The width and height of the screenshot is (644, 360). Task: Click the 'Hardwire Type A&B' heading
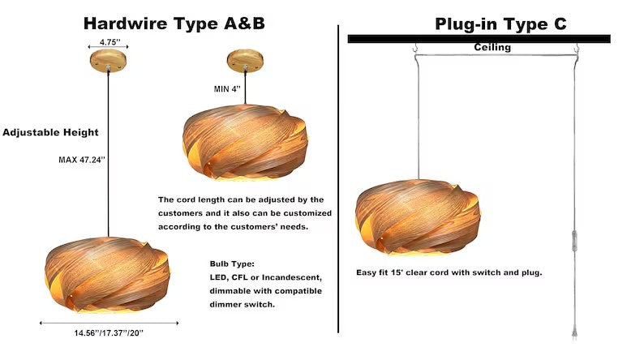pos(174,24)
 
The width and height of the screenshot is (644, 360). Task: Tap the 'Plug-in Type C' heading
pos(500,24)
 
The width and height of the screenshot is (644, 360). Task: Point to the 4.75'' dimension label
pos(109,42)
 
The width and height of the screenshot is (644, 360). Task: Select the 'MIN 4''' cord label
pos(227,88)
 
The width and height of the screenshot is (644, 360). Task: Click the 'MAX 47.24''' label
pos(82,160)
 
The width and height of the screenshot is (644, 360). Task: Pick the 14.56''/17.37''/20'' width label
pos(109,333)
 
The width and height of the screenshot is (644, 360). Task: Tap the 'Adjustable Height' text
pos(50,132)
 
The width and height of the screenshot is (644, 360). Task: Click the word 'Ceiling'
pos(492,47)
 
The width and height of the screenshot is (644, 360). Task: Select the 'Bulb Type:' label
pos(232,264)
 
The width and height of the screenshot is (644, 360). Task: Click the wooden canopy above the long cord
pos(109,60)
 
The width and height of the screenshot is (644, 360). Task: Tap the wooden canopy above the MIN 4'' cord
pos(245,60)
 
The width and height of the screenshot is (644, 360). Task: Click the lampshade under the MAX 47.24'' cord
pos(107,274)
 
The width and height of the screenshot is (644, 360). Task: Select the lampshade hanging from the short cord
pos(245,143)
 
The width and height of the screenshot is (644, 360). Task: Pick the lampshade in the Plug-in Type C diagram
pos(418,217)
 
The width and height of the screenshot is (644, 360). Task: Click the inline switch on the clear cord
pos(574,240)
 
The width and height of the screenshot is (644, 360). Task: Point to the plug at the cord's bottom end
pos(574,331)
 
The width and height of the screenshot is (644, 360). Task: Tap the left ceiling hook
pos(415,49)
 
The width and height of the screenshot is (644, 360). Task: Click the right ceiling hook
pos(577,49)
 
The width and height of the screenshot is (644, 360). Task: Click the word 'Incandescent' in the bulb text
pos(292,277)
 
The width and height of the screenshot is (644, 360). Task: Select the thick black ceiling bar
pos(479,39)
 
